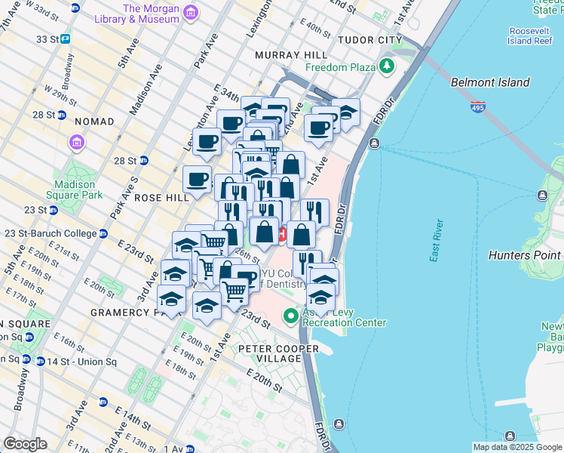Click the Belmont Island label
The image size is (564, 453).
pyautogui.click(x=490, y=82)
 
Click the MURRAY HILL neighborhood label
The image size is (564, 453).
pyautogui.click(x=291, y=55)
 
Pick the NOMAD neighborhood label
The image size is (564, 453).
pyautogui.click(x=94, y=122)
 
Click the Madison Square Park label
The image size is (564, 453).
pyautogui.click(x=75, y=190)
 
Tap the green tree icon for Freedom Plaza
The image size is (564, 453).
pyautogui.click(x=388, y=66)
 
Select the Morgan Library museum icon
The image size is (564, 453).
pyautogui.click(x=189, y=13)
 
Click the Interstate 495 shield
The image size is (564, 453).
pyautogui.click(x=477, y=107)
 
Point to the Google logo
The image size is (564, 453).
pyautogui.click(x=25, y=444)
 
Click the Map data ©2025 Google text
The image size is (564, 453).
pyautogui.click(x=517, y=447)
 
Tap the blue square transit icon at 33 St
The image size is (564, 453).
pyautogui.click(x=66, y=39)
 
